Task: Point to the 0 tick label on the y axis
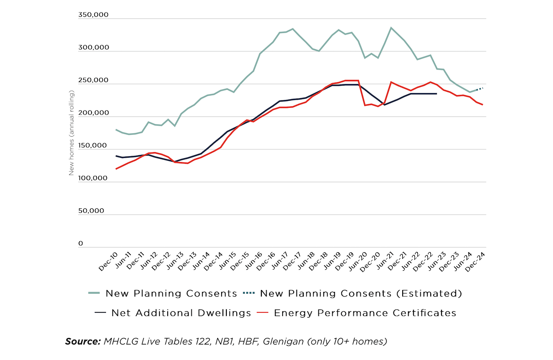[80, 244]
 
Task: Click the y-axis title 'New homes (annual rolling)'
[72, 133]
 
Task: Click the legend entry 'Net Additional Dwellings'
[181, 313]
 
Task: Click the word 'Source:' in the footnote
[83, 341]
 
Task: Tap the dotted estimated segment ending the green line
[480, 89]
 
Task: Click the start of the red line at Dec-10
[116, 169]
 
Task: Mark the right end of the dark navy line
[436, 94]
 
